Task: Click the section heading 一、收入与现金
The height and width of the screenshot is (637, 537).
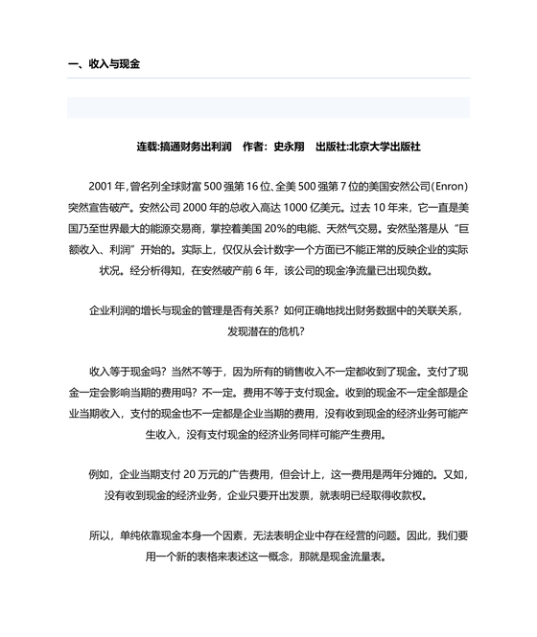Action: tap(105, 64)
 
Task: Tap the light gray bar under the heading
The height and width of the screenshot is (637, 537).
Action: tap(268, 107)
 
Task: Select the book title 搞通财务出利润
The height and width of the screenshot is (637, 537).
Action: tap(196, 147)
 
